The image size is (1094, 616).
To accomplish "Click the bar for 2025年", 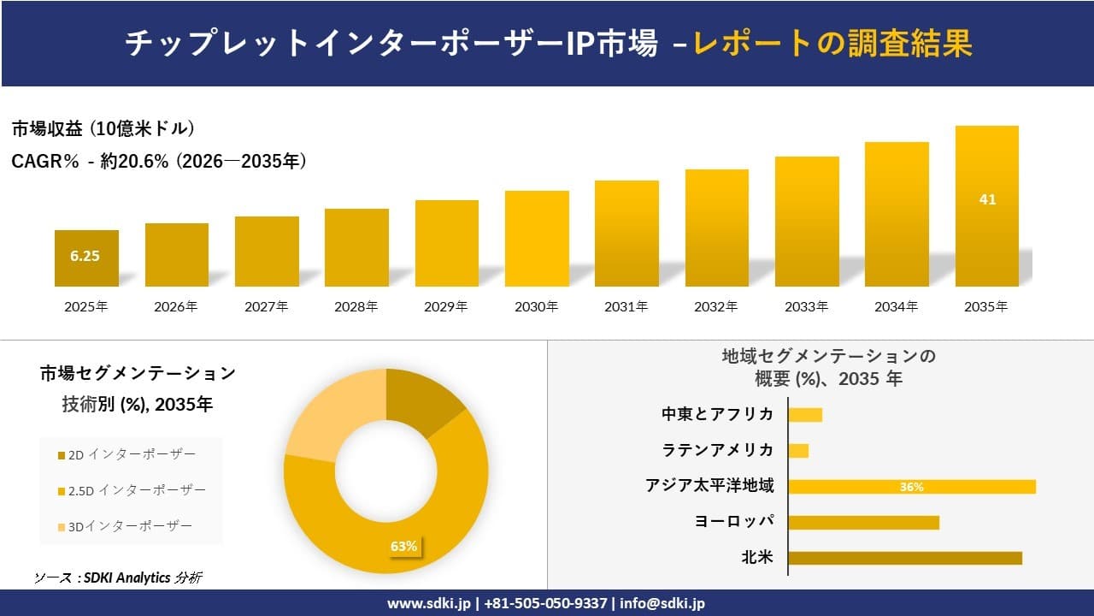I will pyautogui.click(x=86, y=258).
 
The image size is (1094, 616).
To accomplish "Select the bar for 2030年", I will pyautogui.click(x=537, y=239).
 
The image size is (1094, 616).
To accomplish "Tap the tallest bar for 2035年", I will pyautogui.click(x=986, y=206).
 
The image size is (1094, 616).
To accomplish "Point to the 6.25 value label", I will pyautogui.click(x=85, y=255).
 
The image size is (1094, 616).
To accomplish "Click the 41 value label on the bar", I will pyautogui.click(x=987, y=199).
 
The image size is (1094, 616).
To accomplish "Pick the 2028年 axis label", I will pyautogui.click(x=356, y=306).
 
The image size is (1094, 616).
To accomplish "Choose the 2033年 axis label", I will pyautogui.click(x=806, y=306).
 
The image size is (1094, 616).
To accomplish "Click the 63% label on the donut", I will pyautogui.click(x=403, y=546).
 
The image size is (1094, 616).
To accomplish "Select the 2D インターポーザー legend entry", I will pyautogui.click(x=126, y=453).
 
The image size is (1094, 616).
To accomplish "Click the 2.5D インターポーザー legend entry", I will pyautogui.click(x=132, y=490).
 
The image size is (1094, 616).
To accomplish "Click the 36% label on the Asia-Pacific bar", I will pyautogui.click(x=911, y=487).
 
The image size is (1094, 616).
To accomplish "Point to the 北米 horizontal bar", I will pyautogui.click(x=904, y=558).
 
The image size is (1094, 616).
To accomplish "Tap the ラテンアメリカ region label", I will pyautogui.click(x=718, y=450).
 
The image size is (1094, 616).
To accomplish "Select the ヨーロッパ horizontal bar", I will pyautogui.click(x=863, y=522).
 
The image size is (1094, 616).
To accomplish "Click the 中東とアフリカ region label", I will pyautogui.click(x=718, y=414).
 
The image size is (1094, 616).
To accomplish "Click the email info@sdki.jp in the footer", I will pyautogui.click(x=662, y=603).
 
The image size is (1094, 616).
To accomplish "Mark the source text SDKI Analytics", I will pyautogui.click(x=124, y=577).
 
